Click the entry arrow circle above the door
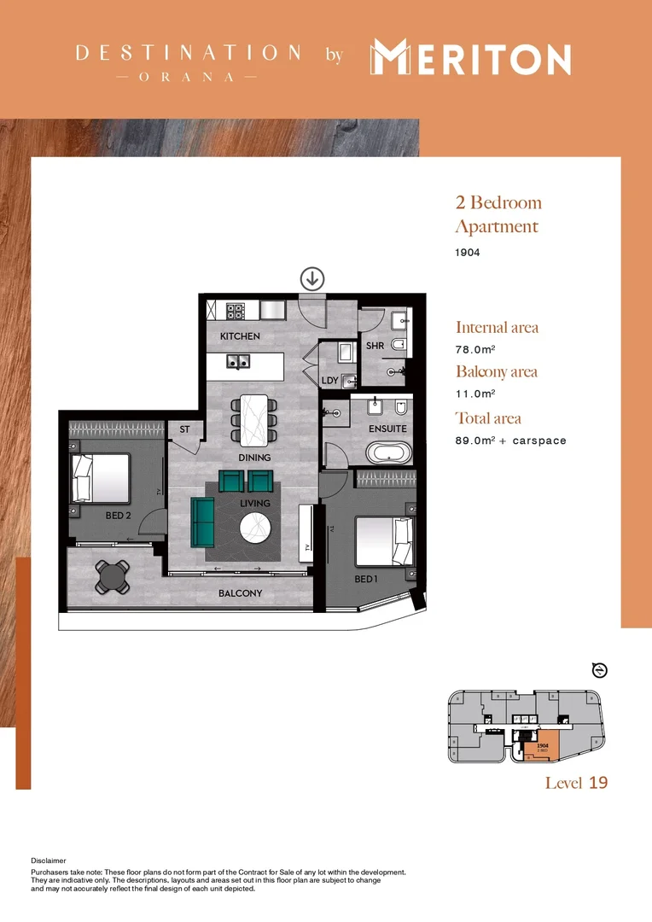click(312, 277)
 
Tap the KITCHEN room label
click(240, 336)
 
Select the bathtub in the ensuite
click(388, 452)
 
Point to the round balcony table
click(113, 576)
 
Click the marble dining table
click(254, 419)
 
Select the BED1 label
click(365, 580)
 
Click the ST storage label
click(184, 429)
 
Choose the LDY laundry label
click(329, 381)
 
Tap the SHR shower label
click(375, 346)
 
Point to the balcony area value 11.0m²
click(473, 394)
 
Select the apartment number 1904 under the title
click(468, 254)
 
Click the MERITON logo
click(470, 59)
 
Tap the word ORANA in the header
click(187, 77)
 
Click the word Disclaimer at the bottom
click(48, 861)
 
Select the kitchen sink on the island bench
click(238, 361)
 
